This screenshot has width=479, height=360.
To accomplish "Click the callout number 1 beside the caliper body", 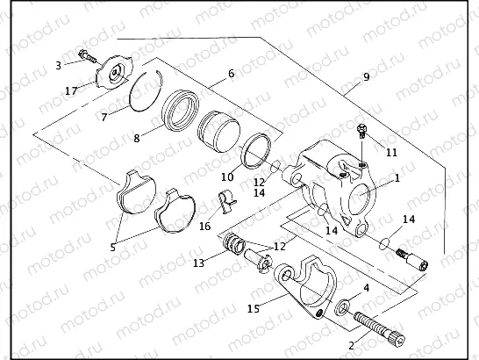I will pos(397,177).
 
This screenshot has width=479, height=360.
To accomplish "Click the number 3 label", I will pos(58,65).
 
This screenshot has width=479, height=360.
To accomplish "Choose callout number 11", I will pos(391,152).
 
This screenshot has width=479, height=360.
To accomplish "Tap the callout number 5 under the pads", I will pos(112,248).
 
